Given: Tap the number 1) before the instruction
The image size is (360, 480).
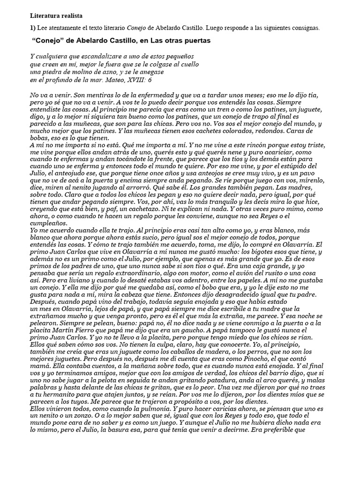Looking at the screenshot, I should point(33,28).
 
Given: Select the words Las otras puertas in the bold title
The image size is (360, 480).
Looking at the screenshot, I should point(182,41).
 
